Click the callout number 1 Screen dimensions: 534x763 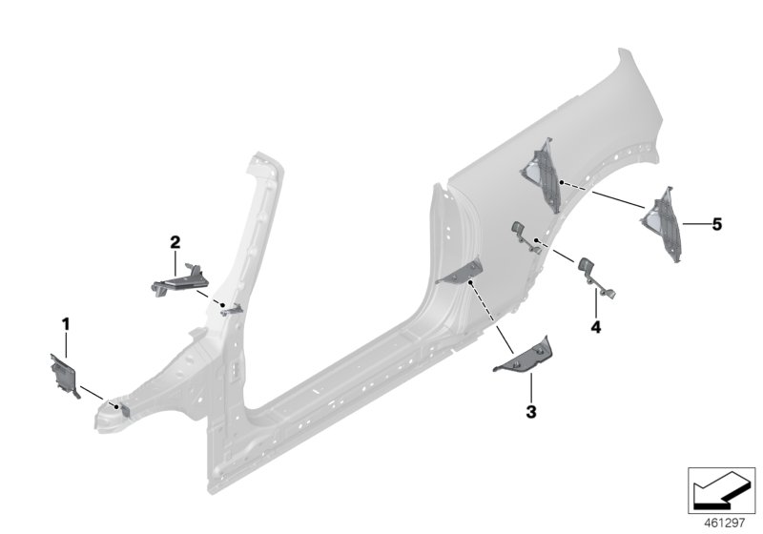point(66,324)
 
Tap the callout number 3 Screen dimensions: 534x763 point(531,412)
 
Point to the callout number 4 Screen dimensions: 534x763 point(595,327)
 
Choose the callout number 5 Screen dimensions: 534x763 point(716,224)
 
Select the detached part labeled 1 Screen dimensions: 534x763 point(63,374)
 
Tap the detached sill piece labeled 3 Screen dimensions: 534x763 point(524,355)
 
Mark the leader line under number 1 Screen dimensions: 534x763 point(67,343)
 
